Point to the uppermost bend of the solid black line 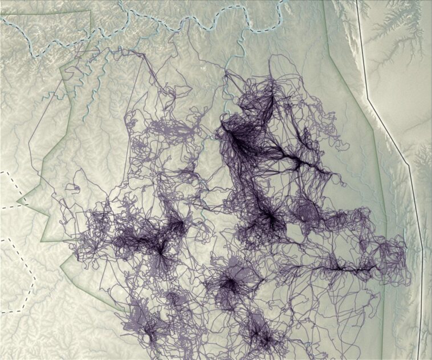click(368, 100)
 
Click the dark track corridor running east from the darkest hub click(285, 157)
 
